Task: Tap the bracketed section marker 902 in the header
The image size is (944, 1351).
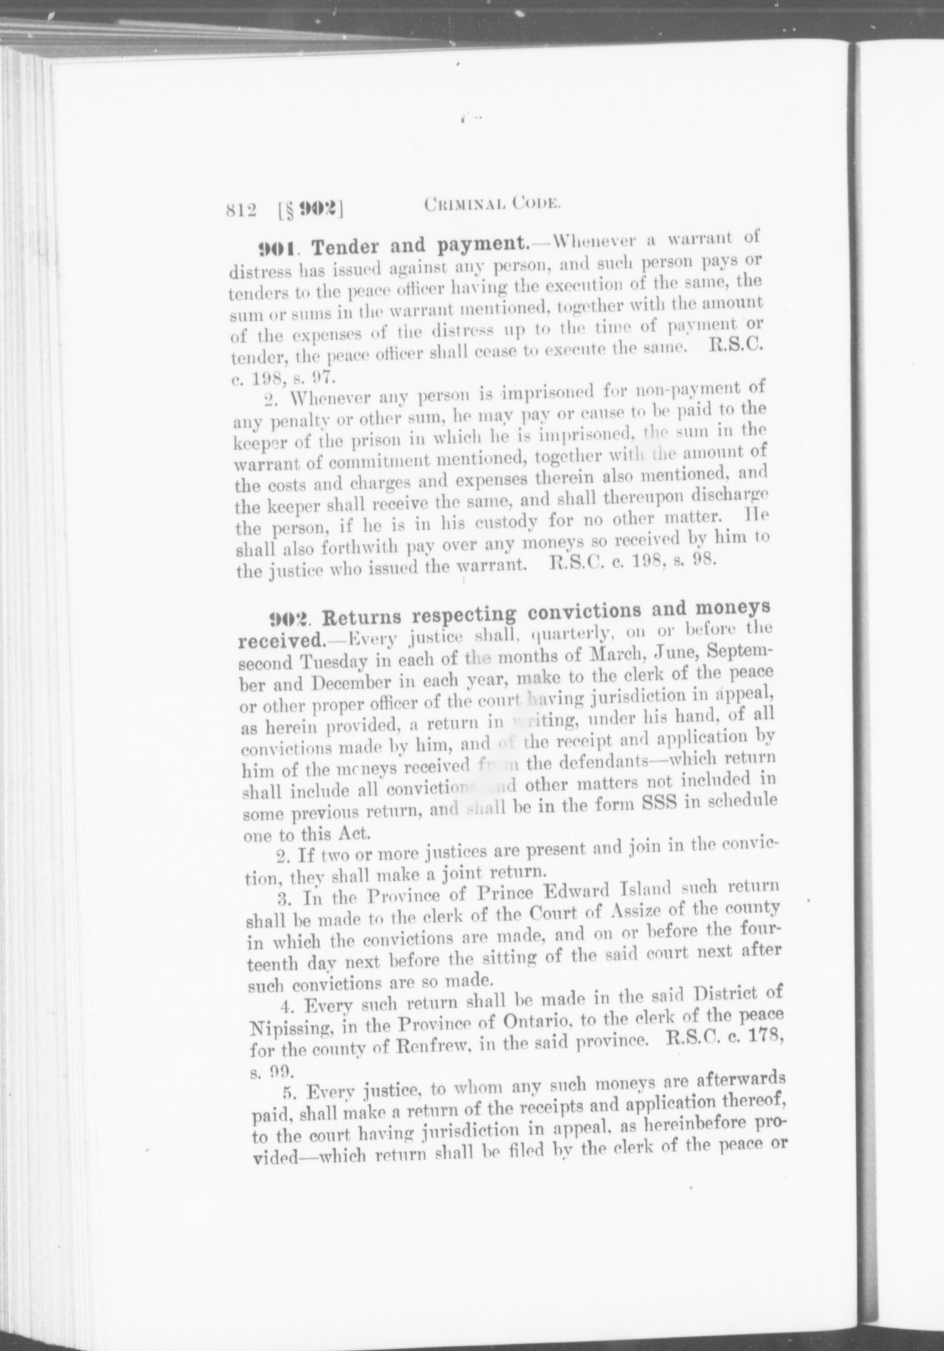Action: [x=310, y=209]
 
